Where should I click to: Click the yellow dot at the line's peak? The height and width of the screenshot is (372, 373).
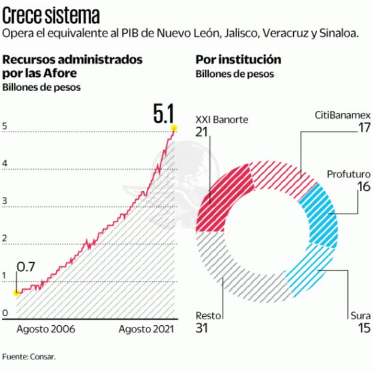point(174,127)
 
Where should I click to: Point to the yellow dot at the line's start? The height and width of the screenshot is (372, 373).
point(16,292)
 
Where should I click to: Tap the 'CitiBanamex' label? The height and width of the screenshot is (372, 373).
point(342,114)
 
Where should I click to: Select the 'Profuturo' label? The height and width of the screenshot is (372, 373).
point(348,174)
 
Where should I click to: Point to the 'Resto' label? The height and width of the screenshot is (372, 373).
point(207,316)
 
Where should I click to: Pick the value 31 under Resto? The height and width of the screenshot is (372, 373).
point(203,328)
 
